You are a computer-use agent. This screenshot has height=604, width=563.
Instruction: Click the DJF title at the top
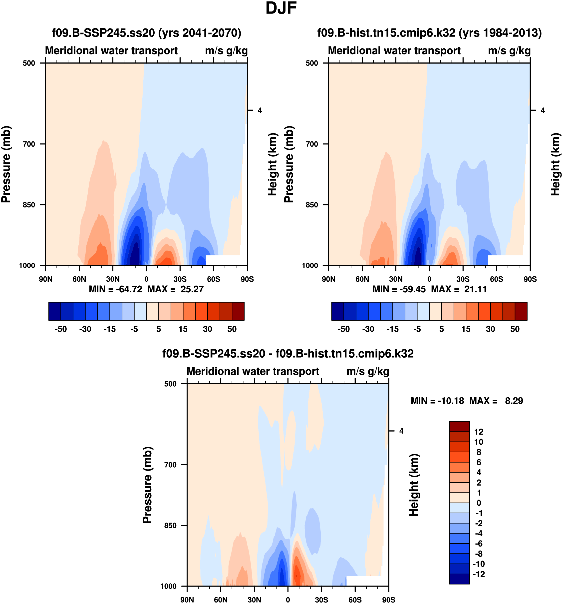[281, 8]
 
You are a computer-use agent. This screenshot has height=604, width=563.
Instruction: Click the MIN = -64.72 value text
[115, 289]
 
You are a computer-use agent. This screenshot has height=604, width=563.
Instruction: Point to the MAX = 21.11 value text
[459, 289]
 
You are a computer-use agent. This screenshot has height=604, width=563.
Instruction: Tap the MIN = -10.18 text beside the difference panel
[437, 401]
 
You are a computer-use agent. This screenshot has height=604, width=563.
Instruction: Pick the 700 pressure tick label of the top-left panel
[29, 144]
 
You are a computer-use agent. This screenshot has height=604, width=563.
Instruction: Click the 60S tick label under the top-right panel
[497, 279]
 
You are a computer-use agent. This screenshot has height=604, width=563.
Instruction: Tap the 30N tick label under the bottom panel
[254, 600]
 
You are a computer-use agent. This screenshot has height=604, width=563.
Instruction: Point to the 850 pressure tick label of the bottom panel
[170, 526]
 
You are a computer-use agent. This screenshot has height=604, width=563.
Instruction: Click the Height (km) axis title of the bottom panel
[414, 485]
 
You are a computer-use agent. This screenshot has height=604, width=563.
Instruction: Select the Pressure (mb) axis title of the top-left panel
[6, 164]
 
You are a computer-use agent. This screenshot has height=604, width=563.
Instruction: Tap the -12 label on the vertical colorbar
[479, 574]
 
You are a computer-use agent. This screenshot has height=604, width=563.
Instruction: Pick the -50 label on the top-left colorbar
[61, 329]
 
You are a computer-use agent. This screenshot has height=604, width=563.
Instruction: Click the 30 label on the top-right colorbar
[490, 329]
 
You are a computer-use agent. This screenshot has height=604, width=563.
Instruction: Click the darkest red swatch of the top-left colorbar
[238, 311]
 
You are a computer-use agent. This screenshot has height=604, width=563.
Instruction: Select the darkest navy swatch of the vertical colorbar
[459, 579]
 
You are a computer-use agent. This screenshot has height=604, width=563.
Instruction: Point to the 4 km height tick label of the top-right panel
[543, 110]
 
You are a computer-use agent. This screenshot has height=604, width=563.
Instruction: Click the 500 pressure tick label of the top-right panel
[312, 63]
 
